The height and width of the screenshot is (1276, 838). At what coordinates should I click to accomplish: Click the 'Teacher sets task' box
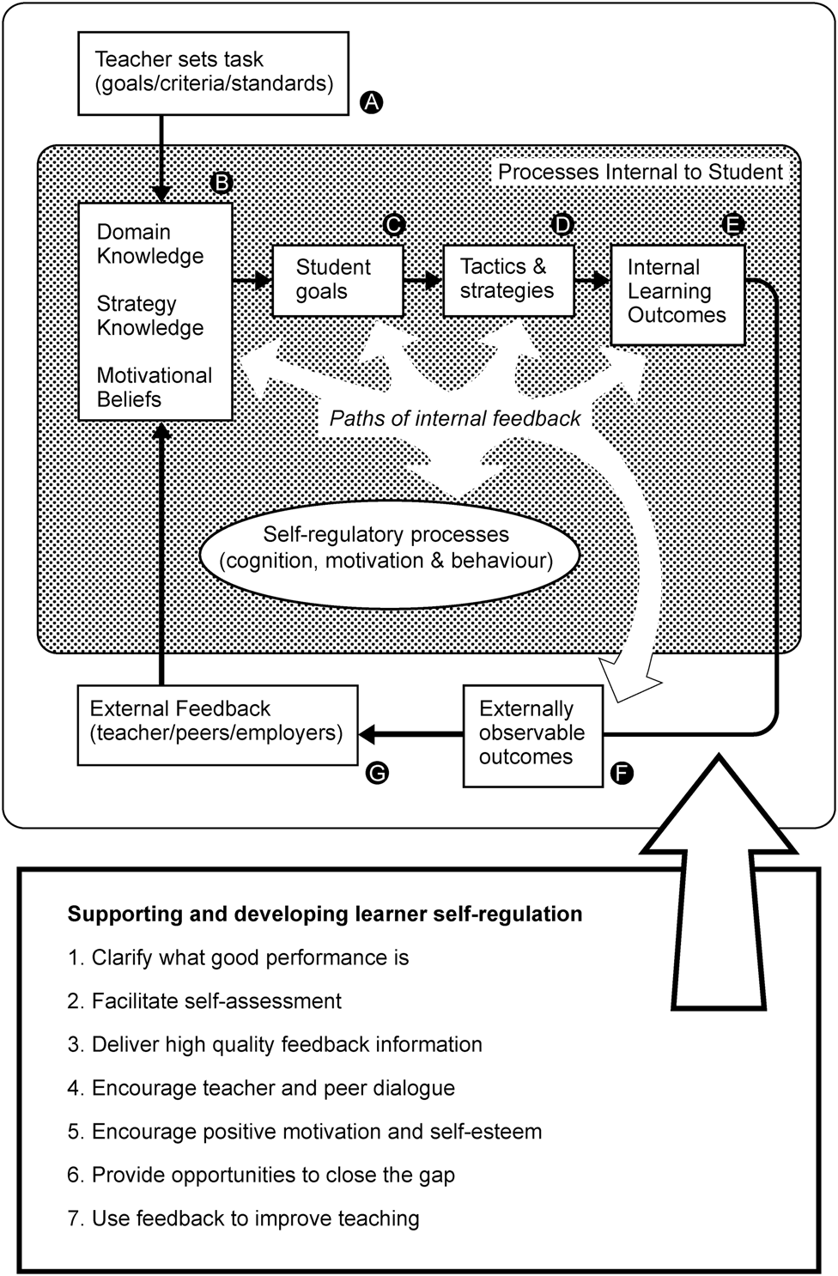pyautogui.click(x=213, y=73)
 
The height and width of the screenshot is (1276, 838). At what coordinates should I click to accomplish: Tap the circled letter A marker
pyautogui.click(x=370, y=102)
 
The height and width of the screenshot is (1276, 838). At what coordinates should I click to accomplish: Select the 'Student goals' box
pyautogui.click(x=337, y=280)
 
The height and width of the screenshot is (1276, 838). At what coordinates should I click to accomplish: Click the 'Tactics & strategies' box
pyautogui.click(x=507, y=280)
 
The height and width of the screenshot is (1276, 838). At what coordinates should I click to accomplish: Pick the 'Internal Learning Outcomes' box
pyautogui.click(x=677, y=293)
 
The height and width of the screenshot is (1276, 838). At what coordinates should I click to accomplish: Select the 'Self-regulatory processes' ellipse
pyautogui.click(x=387, y=549)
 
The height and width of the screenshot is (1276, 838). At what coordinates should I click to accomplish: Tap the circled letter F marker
pyautogui.click(x=621, y=774)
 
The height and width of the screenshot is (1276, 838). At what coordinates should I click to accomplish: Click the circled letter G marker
pyautogui.click(x=376, y=773)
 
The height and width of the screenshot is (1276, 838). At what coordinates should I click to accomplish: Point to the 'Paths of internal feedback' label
pyautogui.click(x=455, y=419)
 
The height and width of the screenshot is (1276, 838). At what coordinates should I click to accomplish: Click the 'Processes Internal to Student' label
pyautogui.click(x=641, y=173)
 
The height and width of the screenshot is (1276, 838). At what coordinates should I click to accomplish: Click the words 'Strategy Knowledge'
pyautogui.click(x=149, y=316)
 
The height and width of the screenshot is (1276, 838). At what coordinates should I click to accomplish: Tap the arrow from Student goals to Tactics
pyautogui.click(x=422, y=280)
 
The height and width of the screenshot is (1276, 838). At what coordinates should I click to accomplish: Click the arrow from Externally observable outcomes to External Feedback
pyautogui.click(x=410, y=734)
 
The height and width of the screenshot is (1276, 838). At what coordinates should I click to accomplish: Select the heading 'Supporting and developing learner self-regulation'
pyautogui.click(x=325, y=914)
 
